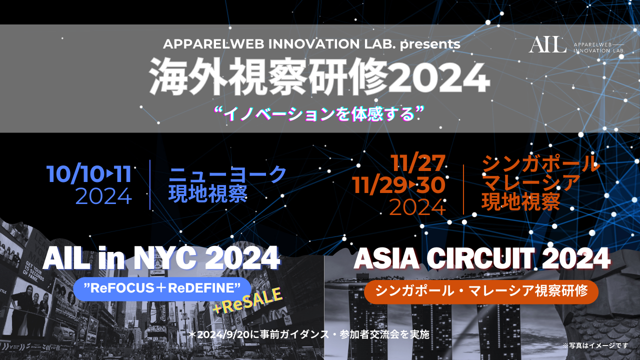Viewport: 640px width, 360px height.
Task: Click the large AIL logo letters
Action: (547, 45)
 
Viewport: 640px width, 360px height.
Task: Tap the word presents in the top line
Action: (430, 44)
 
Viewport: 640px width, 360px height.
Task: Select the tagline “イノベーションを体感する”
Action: (319, 114)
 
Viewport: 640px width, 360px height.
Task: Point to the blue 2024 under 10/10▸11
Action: (103, 196)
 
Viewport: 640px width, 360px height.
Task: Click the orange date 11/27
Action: (417, 163)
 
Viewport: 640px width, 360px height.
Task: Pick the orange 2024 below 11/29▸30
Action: (417, 207)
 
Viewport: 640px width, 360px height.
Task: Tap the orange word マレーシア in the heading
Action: (532, 183)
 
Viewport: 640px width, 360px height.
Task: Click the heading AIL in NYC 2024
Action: (161, 258)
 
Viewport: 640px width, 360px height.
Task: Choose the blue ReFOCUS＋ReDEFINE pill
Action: (162, 289)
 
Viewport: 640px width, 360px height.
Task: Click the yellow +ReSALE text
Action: (247, 300)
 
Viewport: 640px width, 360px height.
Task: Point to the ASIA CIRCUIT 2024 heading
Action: (482, 258)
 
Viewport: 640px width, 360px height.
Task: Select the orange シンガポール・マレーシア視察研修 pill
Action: (481, 291)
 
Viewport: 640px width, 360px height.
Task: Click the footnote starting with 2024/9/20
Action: (308, 334)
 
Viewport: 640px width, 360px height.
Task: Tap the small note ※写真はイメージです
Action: (595, 345)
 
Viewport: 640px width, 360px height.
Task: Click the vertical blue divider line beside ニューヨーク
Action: (150, 185)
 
